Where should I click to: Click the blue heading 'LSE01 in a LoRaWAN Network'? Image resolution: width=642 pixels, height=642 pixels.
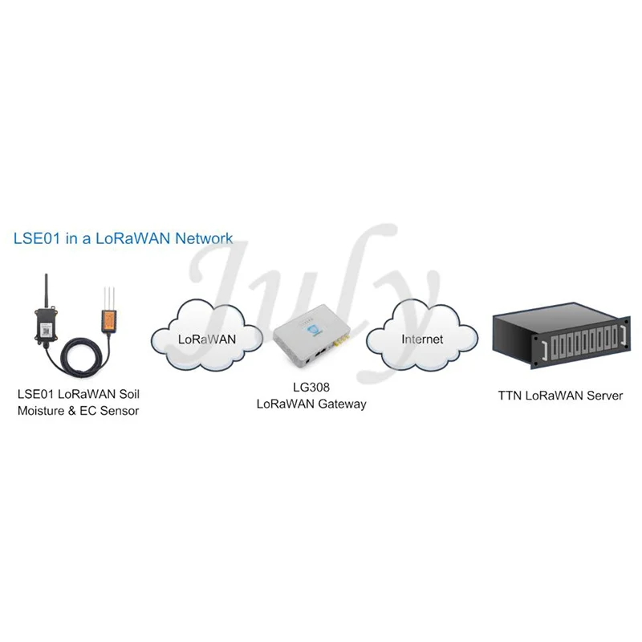click(124, 238)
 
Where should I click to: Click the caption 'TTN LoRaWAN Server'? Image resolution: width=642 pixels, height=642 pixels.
click(559, 396)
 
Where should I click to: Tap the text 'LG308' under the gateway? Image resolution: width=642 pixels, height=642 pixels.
click(311, 388)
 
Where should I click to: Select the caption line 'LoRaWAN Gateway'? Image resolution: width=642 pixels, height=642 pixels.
click(311, 404)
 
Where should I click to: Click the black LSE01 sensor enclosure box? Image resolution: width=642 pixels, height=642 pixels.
click(45, 325)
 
